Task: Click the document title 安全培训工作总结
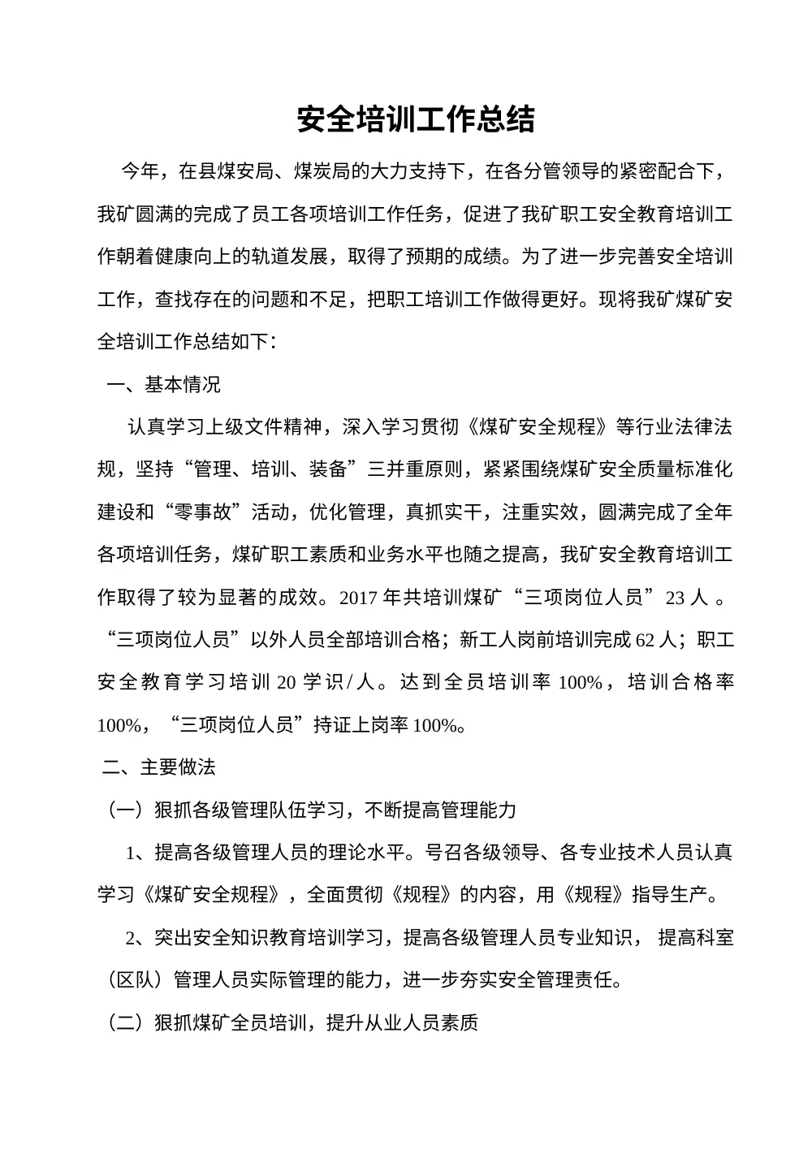415,119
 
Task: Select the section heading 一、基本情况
163,384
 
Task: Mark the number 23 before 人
676,598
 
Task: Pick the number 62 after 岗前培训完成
646,640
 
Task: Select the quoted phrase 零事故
201,512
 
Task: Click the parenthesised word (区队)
135,980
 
